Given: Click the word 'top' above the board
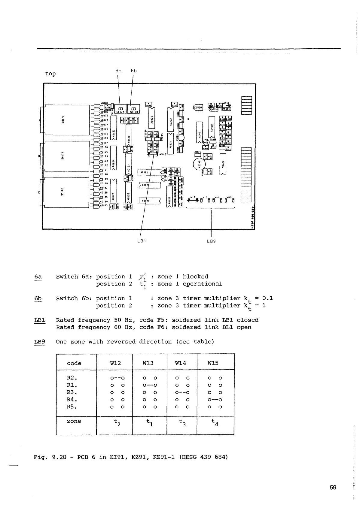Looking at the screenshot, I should (50, 74).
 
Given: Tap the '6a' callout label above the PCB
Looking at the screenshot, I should (118, 71).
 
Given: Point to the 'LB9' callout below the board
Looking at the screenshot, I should (211, 241).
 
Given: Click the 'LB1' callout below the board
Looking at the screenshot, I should (141, 241).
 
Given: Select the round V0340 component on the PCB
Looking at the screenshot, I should (198, 165).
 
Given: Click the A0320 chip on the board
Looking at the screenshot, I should (223, 164).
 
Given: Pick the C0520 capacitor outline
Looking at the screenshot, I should (198, 107).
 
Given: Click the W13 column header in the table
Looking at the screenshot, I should (148, 363).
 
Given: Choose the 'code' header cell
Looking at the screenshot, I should (74, 363).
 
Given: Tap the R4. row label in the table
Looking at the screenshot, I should (72, 400).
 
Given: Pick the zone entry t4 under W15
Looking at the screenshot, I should (215, 422).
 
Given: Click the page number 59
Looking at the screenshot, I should (333, 487).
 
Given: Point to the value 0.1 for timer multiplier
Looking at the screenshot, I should (267, 298).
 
